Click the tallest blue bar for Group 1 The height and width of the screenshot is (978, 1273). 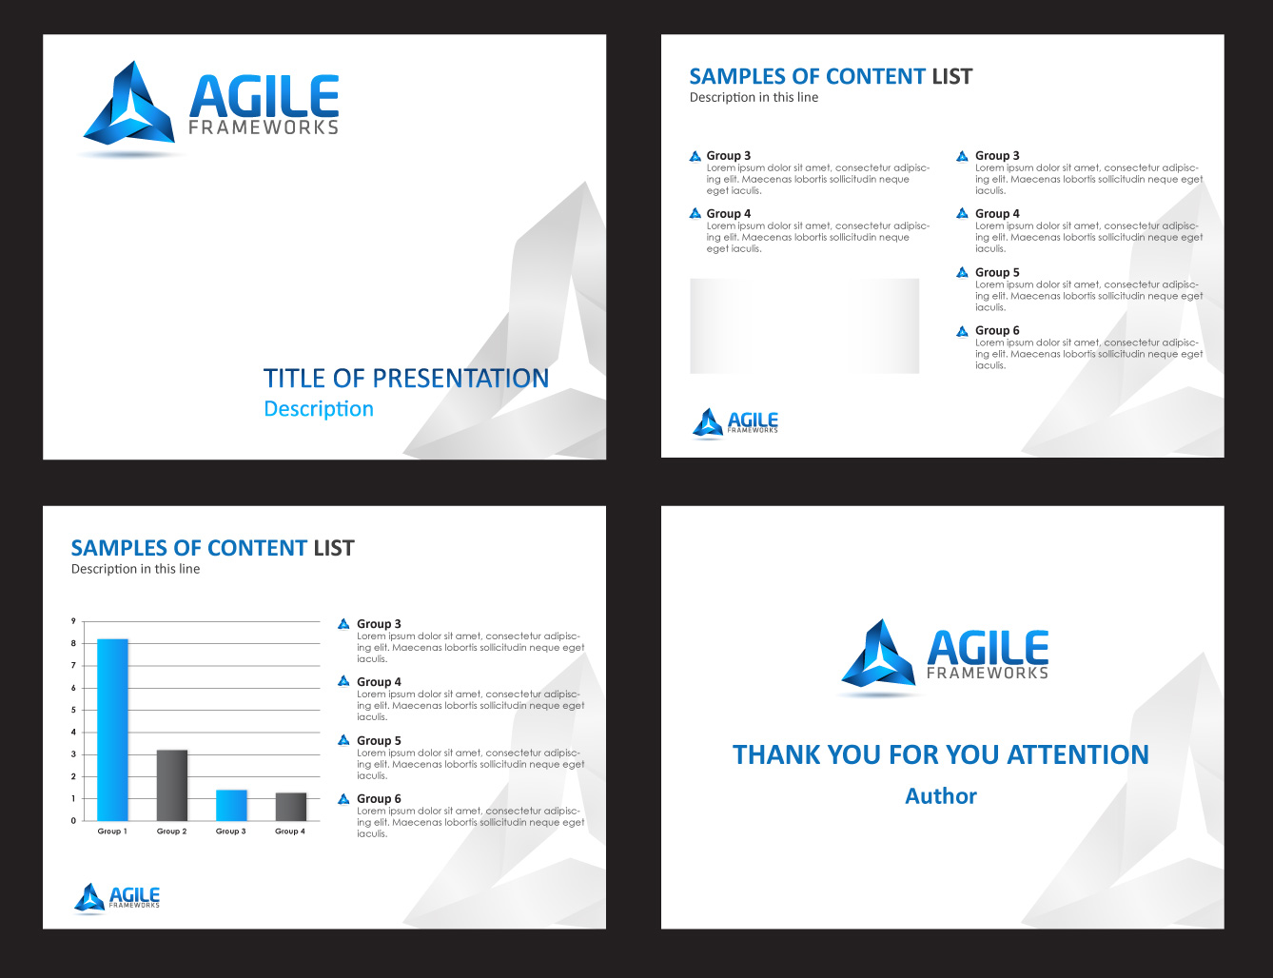pyautogui.click(x=112, y=730)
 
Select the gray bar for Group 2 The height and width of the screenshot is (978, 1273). pyautogui.click(x=172, y=785)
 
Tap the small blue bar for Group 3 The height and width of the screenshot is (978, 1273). pyautogui.click(x=231, y=805)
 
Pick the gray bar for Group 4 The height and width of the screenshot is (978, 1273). pyautogui.click(x=291, y=807)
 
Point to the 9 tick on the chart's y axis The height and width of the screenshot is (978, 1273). pyautogui.click(x=74, y=621)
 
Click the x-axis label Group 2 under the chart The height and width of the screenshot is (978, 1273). pyautogui.click(x=171, y=831)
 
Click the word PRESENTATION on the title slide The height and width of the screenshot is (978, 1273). pyautogui.click(x=460, y=379)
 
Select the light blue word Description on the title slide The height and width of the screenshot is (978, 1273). pyautogui.click(x=319, y=409)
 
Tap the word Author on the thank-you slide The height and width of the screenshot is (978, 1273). pyautogui.click(x=941, y=796)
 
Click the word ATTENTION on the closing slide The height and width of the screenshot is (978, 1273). pyautogui.click(x=1078, y=754)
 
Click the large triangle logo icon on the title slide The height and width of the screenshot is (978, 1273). pyautogui.click(x=129, y=104)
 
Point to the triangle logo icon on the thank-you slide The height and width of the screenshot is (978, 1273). pyautogui.click(x=878, y=653)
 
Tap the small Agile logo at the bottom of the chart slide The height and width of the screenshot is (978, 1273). pyautogui.click(x=117, y=898)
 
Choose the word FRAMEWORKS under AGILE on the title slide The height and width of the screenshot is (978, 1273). pyautogui.click(x=264, y=127)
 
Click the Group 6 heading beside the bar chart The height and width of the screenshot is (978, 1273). pyautogui.click(x=379, y=799)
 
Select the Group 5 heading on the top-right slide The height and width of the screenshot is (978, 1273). pyautogui.click(x=997, y=272)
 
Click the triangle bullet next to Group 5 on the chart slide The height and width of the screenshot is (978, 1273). pyautogui.click(x=343, y=740)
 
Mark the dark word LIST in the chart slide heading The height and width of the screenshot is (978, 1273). pyautogui.click(x=334, y=548)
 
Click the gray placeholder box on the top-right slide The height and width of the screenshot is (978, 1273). pyautogui.click(x=804, y=325)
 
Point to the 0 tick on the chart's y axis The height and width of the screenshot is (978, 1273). pyautogui.click(x=74, y=820)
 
